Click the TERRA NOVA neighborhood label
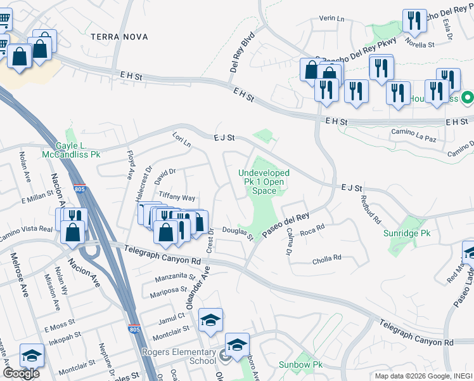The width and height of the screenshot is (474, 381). [x=119, y=37]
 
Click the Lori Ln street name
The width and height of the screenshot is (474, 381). [x=181, y=139]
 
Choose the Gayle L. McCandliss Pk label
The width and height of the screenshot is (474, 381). [x=71, y=150]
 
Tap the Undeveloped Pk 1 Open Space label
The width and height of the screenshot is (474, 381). [x=264, y=182]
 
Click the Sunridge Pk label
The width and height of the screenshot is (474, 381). [x=407, y=234]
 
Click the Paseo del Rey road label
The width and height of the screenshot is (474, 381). [x=286, y=227]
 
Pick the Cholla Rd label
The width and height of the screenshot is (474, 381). [x=327, y=259]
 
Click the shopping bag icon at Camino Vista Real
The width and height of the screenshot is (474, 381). [x=74, y=233]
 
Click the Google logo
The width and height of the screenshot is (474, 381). [x=22, y=373]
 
